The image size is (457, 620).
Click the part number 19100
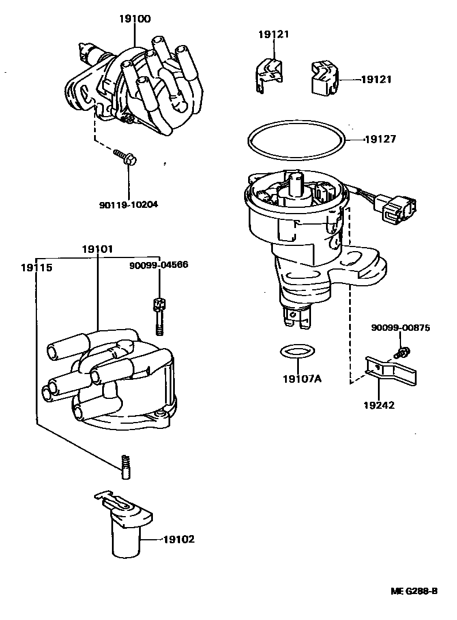[134, 18]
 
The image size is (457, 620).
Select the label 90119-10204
[128, 204]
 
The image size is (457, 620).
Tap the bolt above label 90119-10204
[124, 156]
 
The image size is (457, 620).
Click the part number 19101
[97, 249]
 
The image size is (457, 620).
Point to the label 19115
[36, 268]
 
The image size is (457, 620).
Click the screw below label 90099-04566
[158, 315]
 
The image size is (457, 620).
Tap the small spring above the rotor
[125, 466]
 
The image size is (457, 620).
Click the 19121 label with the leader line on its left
[376, 80]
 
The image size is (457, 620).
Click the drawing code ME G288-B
[413, 591]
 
